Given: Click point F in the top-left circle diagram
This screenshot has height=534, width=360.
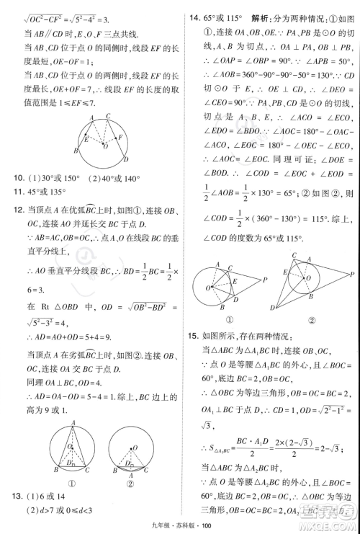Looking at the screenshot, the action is pyautogui.click(x=121, y=135).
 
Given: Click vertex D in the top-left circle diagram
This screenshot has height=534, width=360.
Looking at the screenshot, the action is pyautogui.click(x=127, y=161).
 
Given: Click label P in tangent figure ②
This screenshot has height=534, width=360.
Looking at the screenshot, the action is pyautogui.click(x=351, y=274).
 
